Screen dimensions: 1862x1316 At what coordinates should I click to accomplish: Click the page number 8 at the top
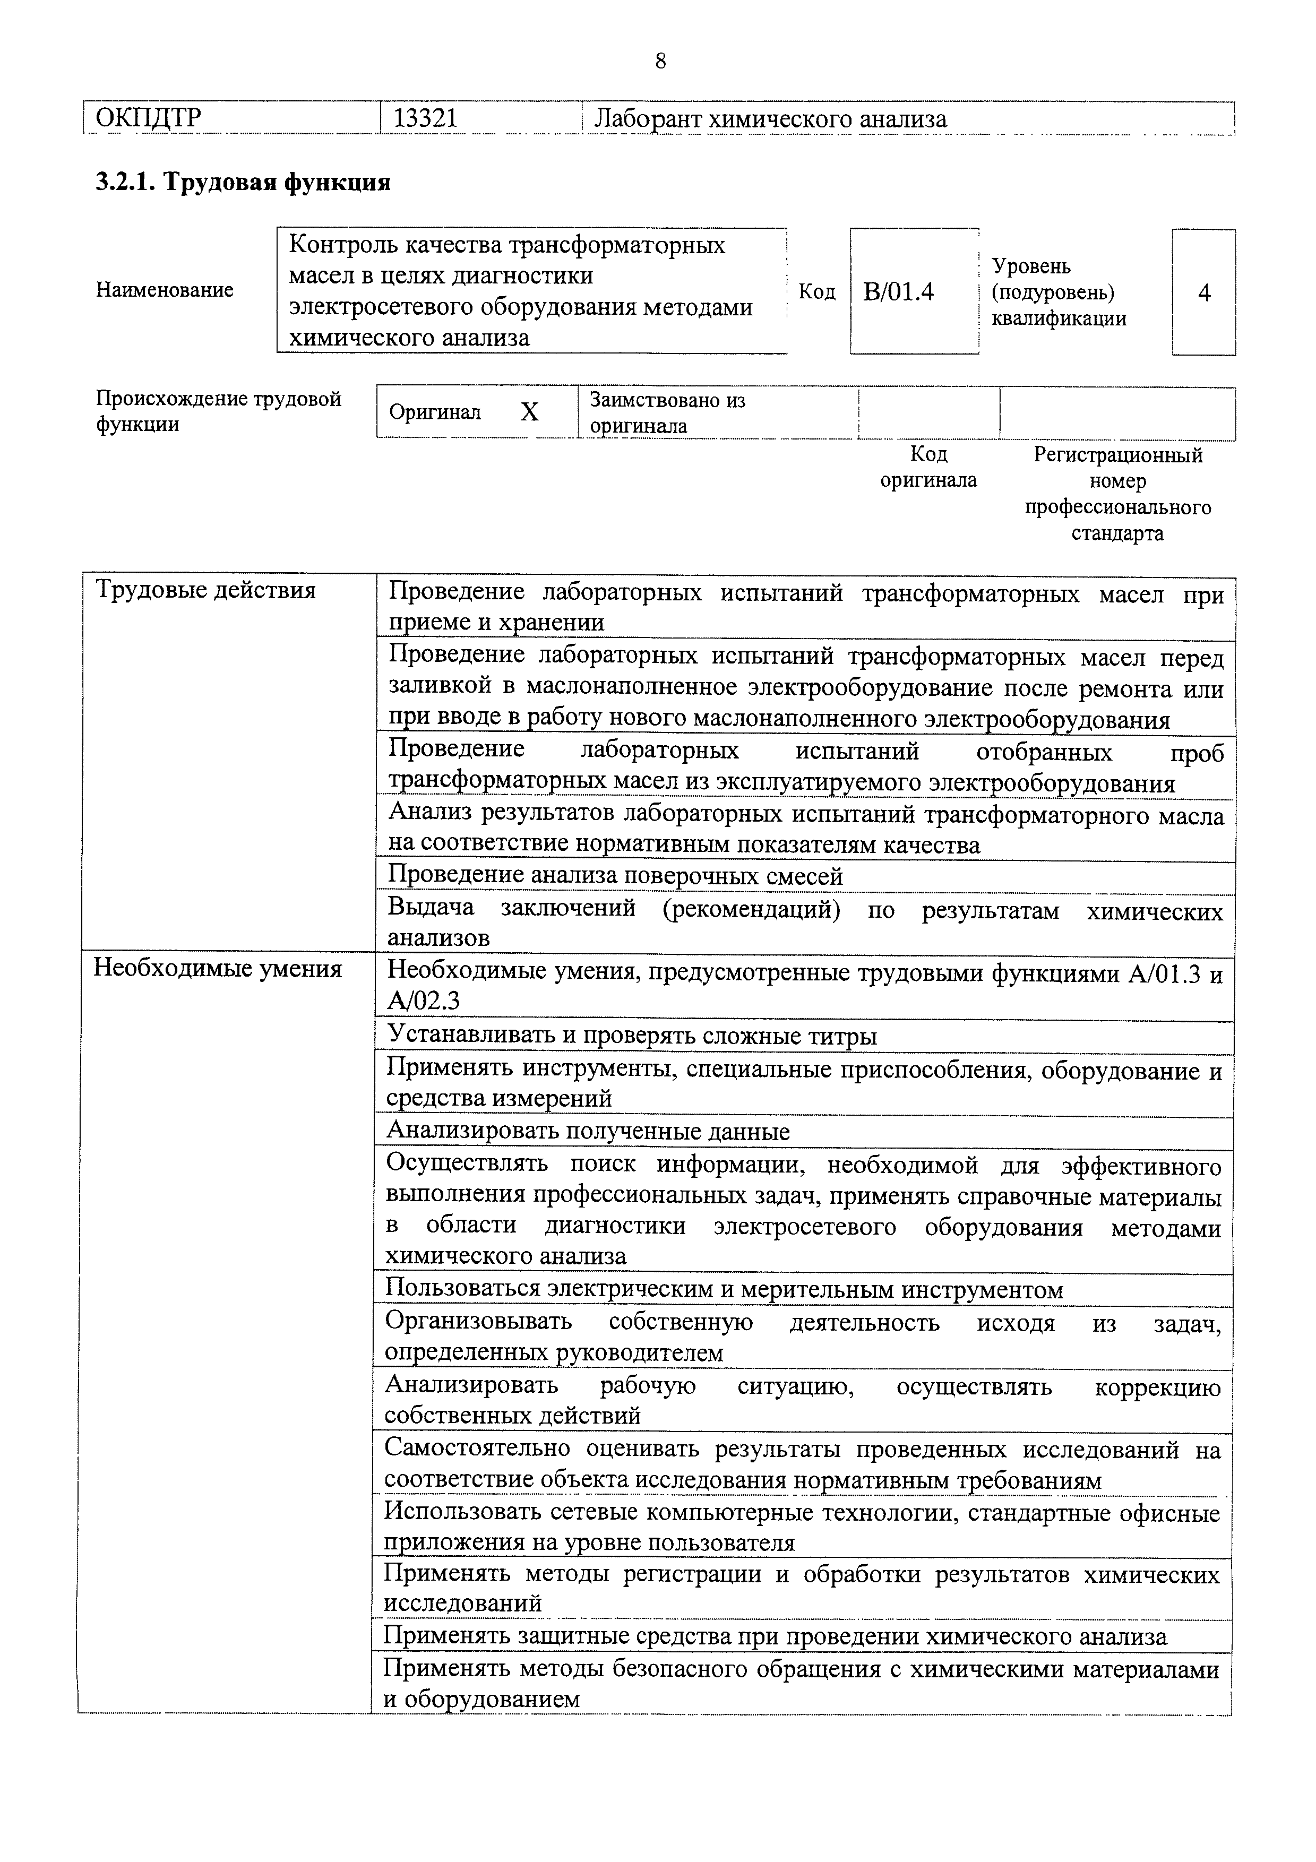(x=659, y=61)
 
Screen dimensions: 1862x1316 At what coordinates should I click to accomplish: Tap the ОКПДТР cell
(x=149, y=119)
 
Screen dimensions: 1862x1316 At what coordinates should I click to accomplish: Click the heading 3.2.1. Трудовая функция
(x=243, y=182)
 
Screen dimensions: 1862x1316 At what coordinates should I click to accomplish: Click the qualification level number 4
(x=1204, y=293)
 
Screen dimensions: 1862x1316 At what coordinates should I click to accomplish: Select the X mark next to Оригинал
(x=529, y=413)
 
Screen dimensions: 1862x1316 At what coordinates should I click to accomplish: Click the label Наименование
(x=165, y=289)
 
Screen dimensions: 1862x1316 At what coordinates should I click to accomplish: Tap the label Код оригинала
(x=928, y=467)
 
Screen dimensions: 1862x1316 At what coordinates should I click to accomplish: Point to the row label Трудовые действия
(x=205, y=590)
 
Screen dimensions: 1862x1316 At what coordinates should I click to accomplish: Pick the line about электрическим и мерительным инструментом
(x=724, y=1289)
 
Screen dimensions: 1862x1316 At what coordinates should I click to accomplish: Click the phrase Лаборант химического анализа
(x=770, y=119)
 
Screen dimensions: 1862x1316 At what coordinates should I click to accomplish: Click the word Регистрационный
(x=1118, y=455)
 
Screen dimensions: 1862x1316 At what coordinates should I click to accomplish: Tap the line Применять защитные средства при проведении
(x=775, y=1636)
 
